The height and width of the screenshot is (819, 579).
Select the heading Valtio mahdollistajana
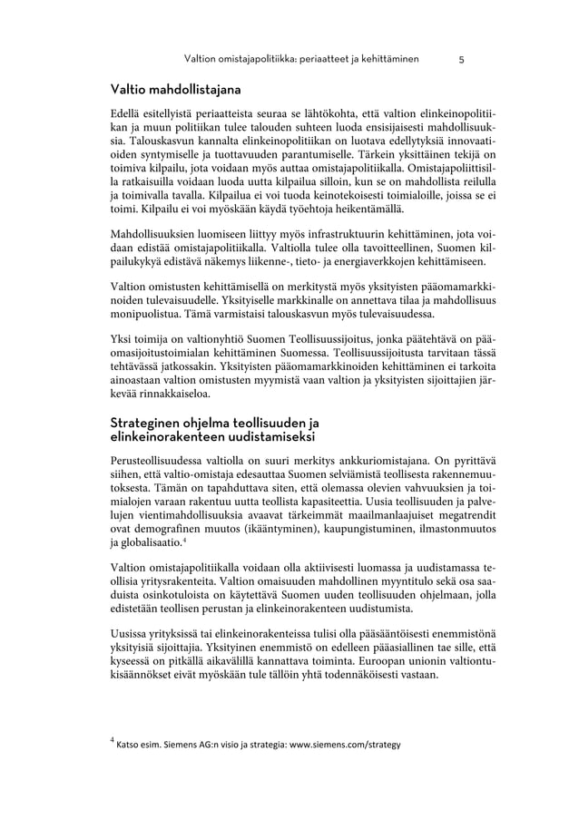click(175, 91)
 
